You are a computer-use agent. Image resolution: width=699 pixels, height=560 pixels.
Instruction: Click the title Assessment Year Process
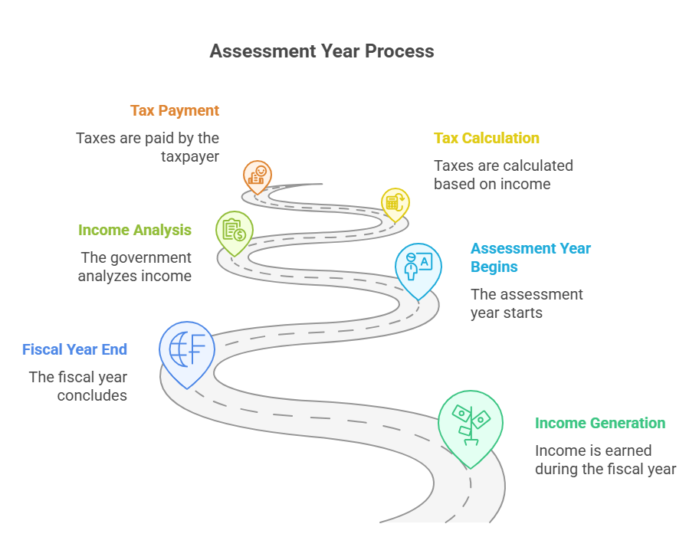(322, 51)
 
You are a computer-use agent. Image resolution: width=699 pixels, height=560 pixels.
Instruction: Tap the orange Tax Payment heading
(175, 110)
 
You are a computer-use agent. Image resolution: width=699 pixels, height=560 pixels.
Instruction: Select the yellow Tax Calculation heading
(487, 138)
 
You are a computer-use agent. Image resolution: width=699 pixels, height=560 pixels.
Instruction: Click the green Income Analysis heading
(135, 230)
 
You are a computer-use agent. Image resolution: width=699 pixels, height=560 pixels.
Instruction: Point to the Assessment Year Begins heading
(530, 257)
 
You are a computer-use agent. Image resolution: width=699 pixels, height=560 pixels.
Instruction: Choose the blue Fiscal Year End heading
(74, 349)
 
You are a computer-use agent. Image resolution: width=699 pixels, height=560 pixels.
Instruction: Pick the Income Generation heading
(600, 423)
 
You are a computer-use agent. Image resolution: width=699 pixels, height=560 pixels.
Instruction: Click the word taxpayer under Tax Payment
(190, 157)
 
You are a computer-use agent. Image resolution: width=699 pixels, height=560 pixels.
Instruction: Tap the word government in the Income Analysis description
(151, 258)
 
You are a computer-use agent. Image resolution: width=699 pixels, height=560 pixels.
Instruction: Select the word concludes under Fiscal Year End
(92, 395)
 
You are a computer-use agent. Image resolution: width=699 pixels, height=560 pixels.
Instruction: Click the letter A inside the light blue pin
(425, 261)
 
